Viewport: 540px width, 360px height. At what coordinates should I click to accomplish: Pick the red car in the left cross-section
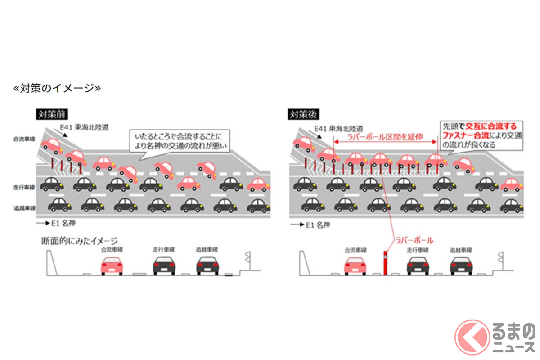click(112, 265)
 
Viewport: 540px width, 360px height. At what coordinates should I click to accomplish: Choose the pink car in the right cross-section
click(355, 265)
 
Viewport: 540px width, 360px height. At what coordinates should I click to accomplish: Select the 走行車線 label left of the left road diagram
click(22, 186)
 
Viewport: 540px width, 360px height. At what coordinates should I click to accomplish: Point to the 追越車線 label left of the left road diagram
click(22, 207)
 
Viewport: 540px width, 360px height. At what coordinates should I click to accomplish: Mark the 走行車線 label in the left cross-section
click(163, 249)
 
